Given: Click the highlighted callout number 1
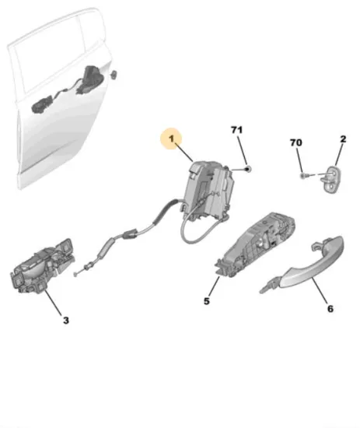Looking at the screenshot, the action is [171, 139].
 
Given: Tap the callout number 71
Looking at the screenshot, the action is [236, 130].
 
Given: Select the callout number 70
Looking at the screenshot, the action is [296, 142].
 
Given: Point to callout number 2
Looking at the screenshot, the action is [343, 139].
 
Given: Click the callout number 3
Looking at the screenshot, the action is [66, 320].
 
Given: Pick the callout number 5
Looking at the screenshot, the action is [207, 301].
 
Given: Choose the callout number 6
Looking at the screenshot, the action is [330, 309].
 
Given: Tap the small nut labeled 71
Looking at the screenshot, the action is [247, 169].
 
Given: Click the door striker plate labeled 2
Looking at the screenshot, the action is [331, 180].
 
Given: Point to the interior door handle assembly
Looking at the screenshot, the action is [42, 266].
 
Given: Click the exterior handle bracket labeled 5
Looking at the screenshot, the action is [254, 244].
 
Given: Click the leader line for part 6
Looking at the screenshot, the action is [320, 290].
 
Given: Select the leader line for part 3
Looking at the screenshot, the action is [54, 303].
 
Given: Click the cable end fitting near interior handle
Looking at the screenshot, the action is [83, 271].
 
